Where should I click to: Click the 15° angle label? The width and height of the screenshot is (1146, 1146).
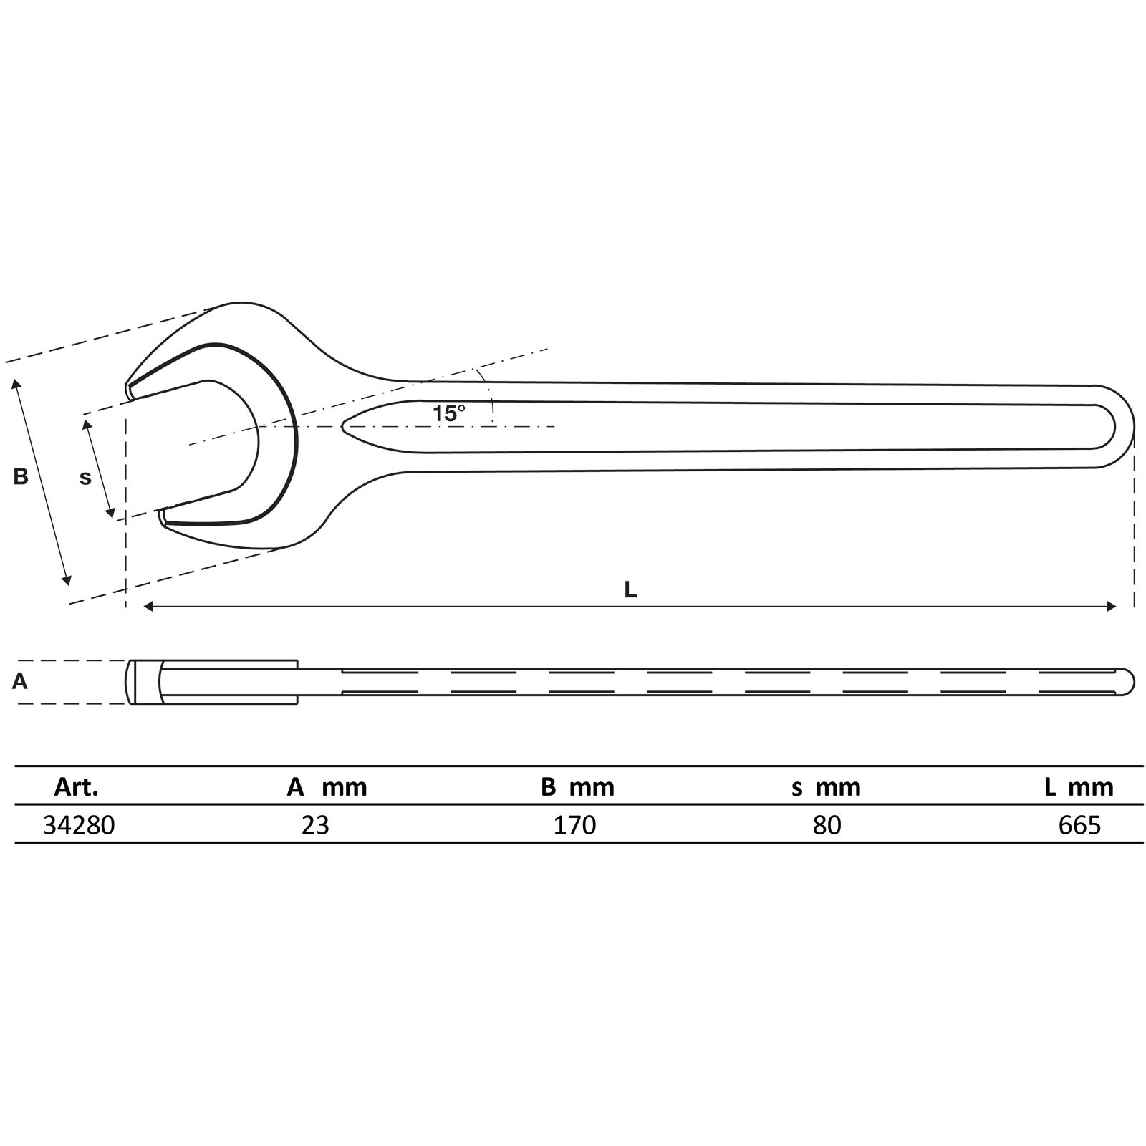coord(448,413)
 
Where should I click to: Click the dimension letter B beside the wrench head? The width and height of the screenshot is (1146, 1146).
coord(21,476)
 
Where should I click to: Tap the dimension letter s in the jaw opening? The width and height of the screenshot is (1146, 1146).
coord(85,478)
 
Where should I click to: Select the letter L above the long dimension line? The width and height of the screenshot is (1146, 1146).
coord(630,589)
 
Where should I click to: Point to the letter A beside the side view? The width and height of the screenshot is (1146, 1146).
coord(20,681)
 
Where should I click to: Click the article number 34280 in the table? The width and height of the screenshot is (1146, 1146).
coord(79,825)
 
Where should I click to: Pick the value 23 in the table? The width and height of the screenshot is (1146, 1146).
coord(315,825)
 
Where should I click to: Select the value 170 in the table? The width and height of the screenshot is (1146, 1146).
coord(574,825)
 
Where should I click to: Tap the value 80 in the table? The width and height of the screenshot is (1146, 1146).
coord(827,825)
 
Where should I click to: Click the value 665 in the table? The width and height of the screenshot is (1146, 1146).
coord(1079,825)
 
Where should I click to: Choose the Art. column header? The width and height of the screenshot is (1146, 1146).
coord(76,788)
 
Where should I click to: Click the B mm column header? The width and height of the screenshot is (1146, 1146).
coord(577,788)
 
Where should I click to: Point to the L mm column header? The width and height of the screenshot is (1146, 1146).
coord(1079,788)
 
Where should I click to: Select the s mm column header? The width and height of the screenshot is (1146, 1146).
coord(826,788)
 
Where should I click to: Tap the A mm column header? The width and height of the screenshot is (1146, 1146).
coord(327,788)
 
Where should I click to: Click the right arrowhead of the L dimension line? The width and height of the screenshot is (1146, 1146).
coord(1112,607)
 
